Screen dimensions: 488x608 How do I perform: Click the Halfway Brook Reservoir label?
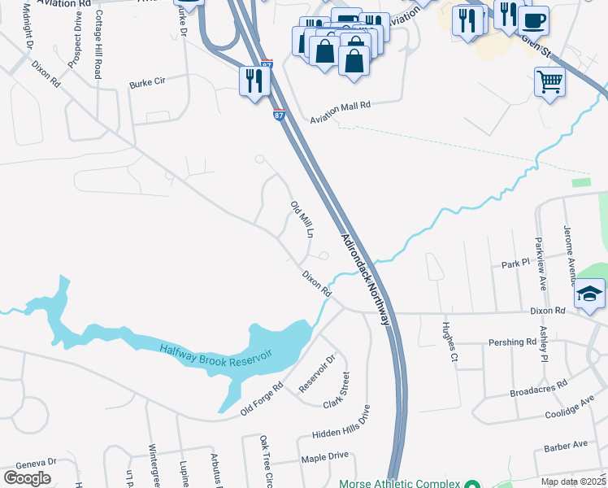(215, 354)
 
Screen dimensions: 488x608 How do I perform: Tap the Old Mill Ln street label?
(302, 219)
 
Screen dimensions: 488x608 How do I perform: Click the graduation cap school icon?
(590, 294)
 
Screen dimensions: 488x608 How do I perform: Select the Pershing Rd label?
(512, 342)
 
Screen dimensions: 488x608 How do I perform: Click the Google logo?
(28, 478)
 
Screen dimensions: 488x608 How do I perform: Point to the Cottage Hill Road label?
(97, 55)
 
